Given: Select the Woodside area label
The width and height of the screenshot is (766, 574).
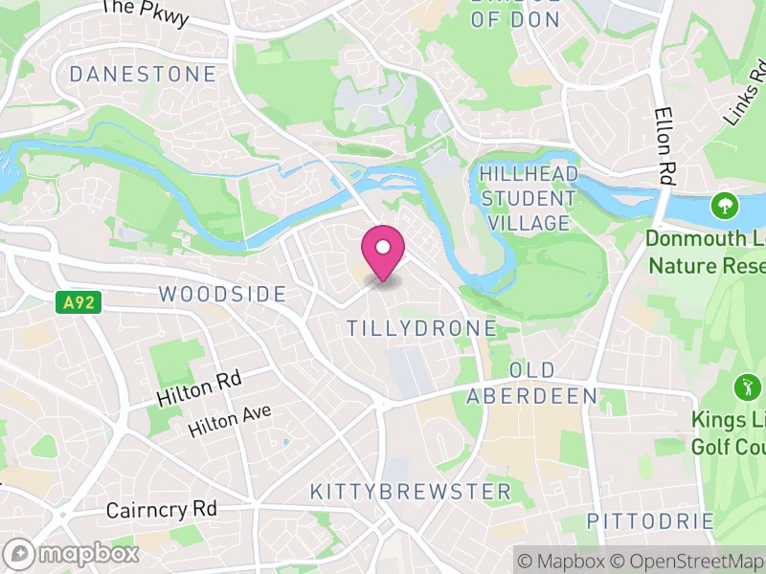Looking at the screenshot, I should [x=222, y=294].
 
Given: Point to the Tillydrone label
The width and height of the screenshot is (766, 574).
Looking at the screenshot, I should [x=421, y=328].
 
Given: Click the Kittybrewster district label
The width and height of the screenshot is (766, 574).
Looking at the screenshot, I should [x=410, y=492].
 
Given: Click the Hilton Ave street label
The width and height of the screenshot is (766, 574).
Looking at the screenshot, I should [x=230, y=420].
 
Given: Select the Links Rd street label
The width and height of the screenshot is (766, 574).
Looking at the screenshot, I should [x=745, y=94].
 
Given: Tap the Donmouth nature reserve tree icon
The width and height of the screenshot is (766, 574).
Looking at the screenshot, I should [x=725, y=205].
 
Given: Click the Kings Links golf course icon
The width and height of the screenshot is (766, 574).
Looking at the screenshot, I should [x=746, y=387].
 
